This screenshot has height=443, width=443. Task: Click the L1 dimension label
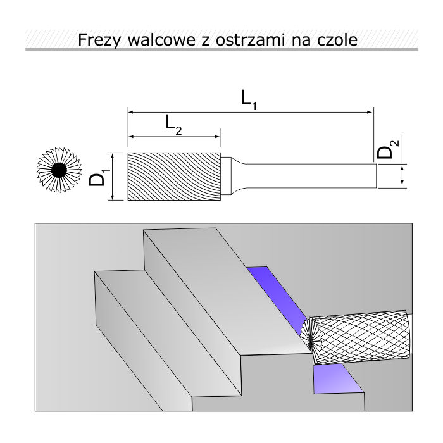point(249,99)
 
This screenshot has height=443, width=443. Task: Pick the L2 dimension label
point(173,123)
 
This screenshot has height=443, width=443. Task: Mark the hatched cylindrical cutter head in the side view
point(174,177)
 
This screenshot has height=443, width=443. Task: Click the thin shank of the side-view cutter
point(310,175)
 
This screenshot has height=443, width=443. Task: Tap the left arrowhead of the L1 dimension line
point(132,112)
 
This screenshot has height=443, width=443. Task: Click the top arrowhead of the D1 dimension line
point(112,156)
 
